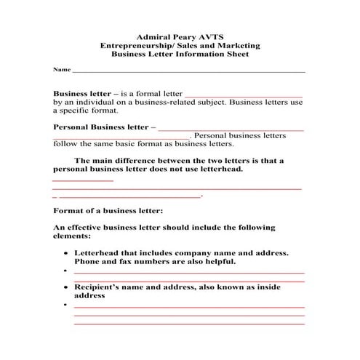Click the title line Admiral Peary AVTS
pos(180,36)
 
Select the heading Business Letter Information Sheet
pos(180,55)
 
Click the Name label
pos(61,70)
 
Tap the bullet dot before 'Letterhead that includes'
pos(66,252)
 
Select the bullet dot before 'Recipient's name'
pos(66,287)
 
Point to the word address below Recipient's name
pos(90,296)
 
